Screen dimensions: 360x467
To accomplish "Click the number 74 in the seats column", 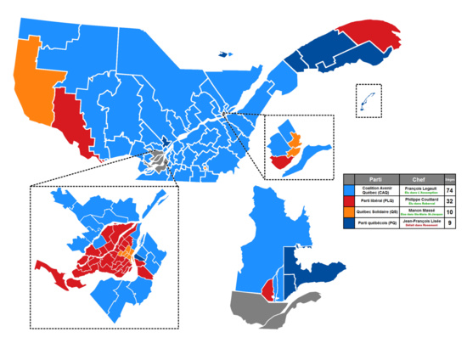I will (x=450, y=191).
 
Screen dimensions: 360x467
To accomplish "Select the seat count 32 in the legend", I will (x=450, y=203).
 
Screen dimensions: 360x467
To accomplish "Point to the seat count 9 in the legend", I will (x=450, y=225).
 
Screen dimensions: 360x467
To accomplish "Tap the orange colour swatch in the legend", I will (x=349, y=214).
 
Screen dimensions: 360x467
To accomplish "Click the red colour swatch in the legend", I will (x=349, y=203).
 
